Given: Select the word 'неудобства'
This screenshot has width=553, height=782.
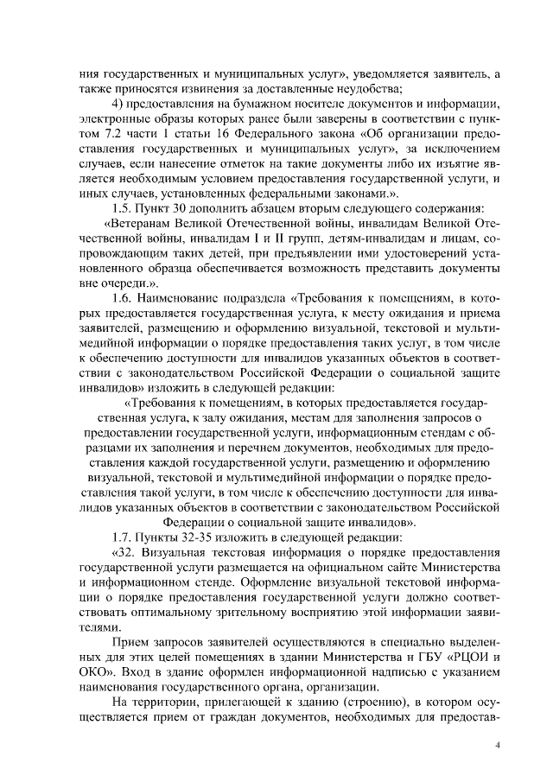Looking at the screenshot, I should [x=369, y=86].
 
